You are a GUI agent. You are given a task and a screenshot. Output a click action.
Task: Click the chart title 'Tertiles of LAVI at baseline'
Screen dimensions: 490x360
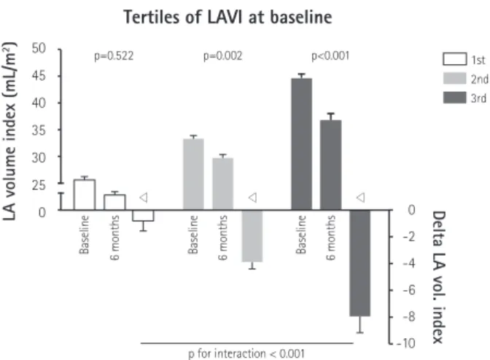point(227,17)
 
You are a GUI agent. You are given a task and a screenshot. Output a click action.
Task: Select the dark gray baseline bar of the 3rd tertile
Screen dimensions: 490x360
point(302,144)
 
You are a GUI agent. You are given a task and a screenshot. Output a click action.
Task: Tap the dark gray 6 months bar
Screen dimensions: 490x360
point(330,165)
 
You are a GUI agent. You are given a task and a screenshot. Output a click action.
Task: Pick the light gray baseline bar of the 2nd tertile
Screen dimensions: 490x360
point(193,174)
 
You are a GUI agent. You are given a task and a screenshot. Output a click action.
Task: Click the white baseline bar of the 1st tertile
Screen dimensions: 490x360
point(85,195)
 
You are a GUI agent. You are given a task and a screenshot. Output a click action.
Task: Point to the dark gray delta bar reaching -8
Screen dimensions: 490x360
point(360,263)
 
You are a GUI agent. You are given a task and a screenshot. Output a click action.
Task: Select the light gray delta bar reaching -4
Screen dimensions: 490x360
point(252,235)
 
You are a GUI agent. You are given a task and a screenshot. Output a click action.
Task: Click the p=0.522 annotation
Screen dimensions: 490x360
point(114,56)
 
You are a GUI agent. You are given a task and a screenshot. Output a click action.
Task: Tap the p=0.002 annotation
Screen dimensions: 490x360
point(223,56)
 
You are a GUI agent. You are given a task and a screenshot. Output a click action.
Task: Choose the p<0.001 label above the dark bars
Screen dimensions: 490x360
point(330,56)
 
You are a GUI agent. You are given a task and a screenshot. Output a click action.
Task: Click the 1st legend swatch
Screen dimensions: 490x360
point(455,59)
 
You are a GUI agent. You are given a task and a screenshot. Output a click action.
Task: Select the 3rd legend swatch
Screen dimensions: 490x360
point(455,98)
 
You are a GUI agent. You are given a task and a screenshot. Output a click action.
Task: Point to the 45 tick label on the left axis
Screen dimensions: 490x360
point(39,76)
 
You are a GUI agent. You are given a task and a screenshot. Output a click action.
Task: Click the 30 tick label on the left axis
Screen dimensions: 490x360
point(39,157)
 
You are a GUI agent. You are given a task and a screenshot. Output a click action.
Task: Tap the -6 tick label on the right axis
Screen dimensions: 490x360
point(409,290)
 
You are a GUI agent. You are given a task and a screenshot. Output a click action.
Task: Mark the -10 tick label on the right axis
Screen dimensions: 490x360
point(406,343)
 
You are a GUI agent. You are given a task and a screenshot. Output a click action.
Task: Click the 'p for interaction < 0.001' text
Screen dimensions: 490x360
point(246,354)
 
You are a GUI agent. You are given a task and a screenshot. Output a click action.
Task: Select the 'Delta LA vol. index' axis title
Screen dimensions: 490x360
point(439,277)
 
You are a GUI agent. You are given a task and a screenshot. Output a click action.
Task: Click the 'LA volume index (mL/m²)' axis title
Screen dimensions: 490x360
point(9,131)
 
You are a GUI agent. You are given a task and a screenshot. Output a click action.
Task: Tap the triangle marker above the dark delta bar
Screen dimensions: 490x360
point(361,197)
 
